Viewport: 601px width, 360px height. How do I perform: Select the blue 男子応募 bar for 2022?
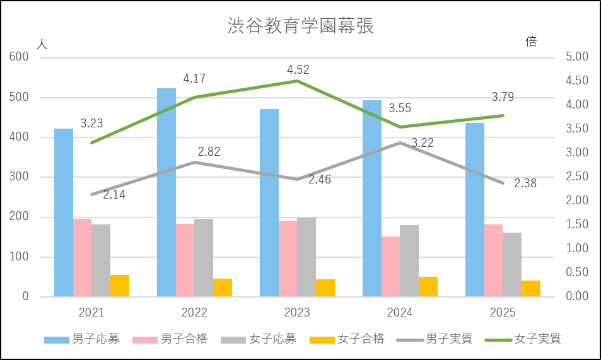click(x=166, y=192)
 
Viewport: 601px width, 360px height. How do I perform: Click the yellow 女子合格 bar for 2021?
click(x=120, y=286)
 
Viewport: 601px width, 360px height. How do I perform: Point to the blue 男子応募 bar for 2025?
click(x=475, y=209)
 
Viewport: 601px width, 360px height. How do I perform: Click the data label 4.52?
click(x=298, y=69)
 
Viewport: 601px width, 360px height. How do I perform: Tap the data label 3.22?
click(x=423, y=144)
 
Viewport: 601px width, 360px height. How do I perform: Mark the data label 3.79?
click(x=503, y=97)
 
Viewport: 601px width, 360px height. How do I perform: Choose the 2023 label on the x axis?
click(x=297, y=313)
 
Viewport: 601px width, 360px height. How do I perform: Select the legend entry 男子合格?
click(x=184, y=339)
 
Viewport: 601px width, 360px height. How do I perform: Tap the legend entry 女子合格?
click(x=361, y=339)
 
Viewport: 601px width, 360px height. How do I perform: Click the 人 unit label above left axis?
click(x=42, y=44)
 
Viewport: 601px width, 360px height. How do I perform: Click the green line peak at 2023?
click(x=297, y=80)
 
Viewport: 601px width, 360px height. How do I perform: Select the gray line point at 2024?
click(x=400, y=142)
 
